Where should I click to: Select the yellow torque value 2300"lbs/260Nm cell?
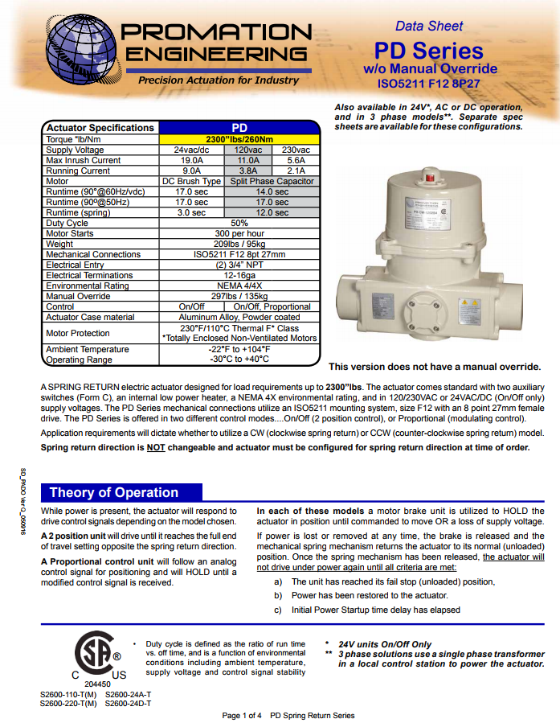pos(239,139)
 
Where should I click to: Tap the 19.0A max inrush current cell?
pos(191,160)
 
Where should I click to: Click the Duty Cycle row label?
pos(67,223)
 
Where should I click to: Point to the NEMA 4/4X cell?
pos(239,286)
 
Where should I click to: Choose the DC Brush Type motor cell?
pos(191,181)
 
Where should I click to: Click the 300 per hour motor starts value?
pos(239,233)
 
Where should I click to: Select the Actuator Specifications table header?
pos(100,128)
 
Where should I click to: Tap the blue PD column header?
pos(239,128)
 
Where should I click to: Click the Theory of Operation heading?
pos(114,492)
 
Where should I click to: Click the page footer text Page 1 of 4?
pos(241,715)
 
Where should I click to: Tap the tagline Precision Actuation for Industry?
pos(207,80)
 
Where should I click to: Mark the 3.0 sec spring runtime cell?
pos(191,212)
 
